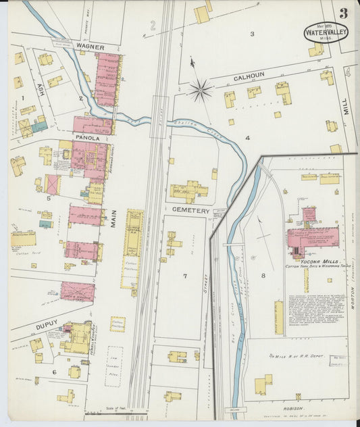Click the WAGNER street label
[x=90, y=47]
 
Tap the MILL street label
[x=345, y=105]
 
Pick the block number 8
[x=263, y=276]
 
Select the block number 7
[x=184, y=276]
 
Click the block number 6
[x=55, y=372]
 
